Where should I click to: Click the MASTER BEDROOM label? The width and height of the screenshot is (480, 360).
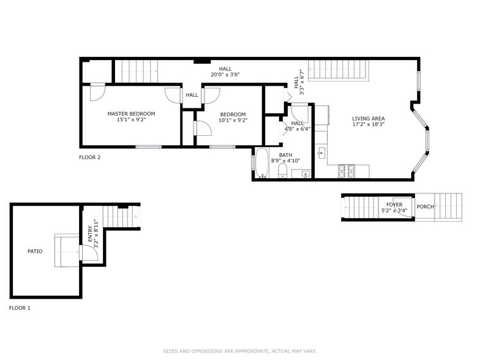pos(131,113)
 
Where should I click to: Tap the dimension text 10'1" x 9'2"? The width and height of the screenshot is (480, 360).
pos(233,121)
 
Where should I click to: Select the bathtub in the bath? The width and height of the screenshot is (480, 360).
pos(262,163)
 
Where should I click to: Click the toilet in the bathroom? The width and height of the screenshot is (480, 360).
pos(282,172)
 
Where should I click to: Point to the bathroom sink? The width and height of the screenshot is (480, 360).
pos(304,174)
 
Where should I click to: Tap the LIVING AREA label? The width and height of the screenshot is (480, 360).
pos(368,119)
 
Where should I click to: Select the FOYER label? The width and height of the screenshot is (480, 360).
pos(394,204)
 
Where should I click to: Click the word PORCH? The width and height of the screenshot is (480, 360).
pos(425,207)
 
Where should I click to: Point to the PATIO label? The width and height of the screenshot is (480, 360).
pos(35,251)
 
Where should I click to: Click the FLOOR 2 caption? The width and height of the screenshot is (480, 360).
pos(89,157)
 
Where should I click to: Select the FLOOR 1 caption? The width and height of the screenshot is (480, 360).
pos(19,308)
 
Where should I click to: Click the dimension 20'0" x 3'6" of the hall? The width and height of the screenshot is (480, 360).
pos(225,75)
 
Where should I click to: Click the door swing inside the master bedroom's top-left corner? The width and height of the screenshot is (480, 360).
pos(97,92)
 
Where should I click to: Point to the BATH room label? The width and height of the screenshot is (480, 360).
pos(286,155)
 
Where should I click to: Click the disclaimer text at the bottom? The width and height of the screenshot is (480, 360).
pos(239,351)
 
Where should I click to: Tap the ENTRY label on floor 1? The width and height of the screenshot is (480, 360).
pos(89,234)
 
